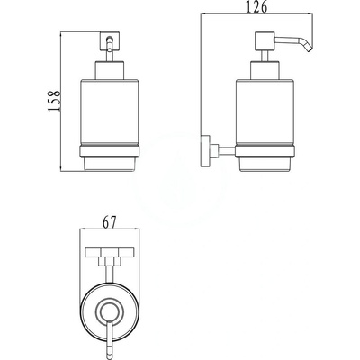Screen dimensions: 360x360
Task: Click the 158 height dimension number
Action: tap(55, 101)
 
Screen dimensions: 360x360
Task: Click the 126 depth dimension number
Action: tap(256, 7)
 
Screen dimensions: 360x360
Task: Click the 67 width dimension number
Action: tap(110, 222)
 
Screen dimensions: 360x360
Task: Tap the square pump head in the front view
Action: tap(110, 41)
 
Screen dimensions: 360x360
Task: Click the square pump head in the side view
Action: tap(265, 40)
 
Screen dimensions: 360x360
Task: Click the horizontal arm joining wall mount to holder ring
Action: tap(228, 150)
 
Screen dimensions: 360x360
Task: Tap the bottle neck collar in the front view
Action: tap(110, 70)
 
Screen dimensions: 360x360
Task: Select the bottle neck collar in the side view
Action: tap(265, 70)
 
